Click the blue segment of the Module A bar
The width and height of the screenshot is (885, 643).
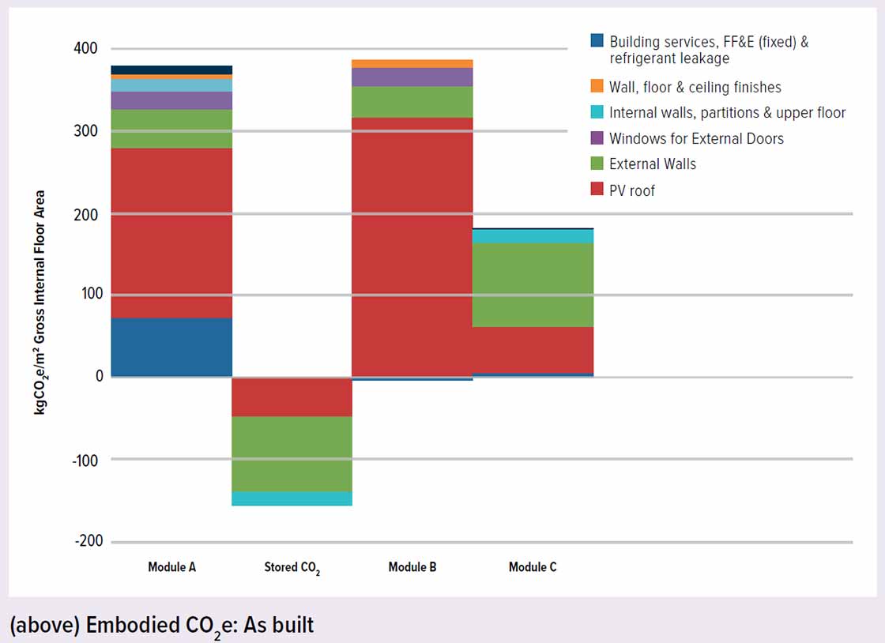click(x=171, y=347)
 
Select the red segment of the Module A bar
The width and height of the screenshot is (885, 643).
click(x=171, y=232)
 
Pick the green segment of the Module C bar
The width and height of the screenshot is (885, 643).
click(x=533, y=284)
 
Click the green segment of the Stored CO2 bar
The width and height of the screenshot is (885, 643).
click(x=292, y=453)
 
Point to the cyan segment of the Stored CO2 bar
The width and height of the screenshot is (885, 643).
click(x=292, y=498)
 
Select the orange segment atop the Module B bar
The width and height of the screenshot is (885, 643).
click(x=412, y=64)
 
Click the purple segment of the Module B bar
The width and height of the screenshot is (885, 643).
click(x=412, y=77)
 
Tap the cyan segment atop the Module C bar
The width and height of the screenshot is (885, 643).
click(x=533, y=236)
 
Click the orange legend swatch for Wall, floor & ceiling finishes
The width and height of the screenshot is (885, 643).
click(x=598, y=86)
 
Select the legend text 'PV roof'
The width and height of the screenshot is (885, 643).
click(x=632, y=190)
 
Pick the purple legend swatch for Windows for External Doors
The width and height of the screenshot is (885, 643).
click(x=598, y=138)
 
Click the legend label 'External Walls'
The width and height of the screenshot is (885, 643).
click(x=653, y=164)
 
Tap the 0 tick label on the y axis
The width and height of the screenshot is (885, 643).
click(x=100, y=376)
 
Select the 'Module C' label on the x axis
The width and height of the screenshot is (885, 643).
click(x=533, y=567)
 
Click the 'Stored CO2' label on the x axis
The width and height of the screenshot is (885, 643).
click(x=292, y=568)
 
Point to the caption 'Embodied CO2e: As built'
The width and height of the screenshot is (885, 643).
click(x=162, y=625)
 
